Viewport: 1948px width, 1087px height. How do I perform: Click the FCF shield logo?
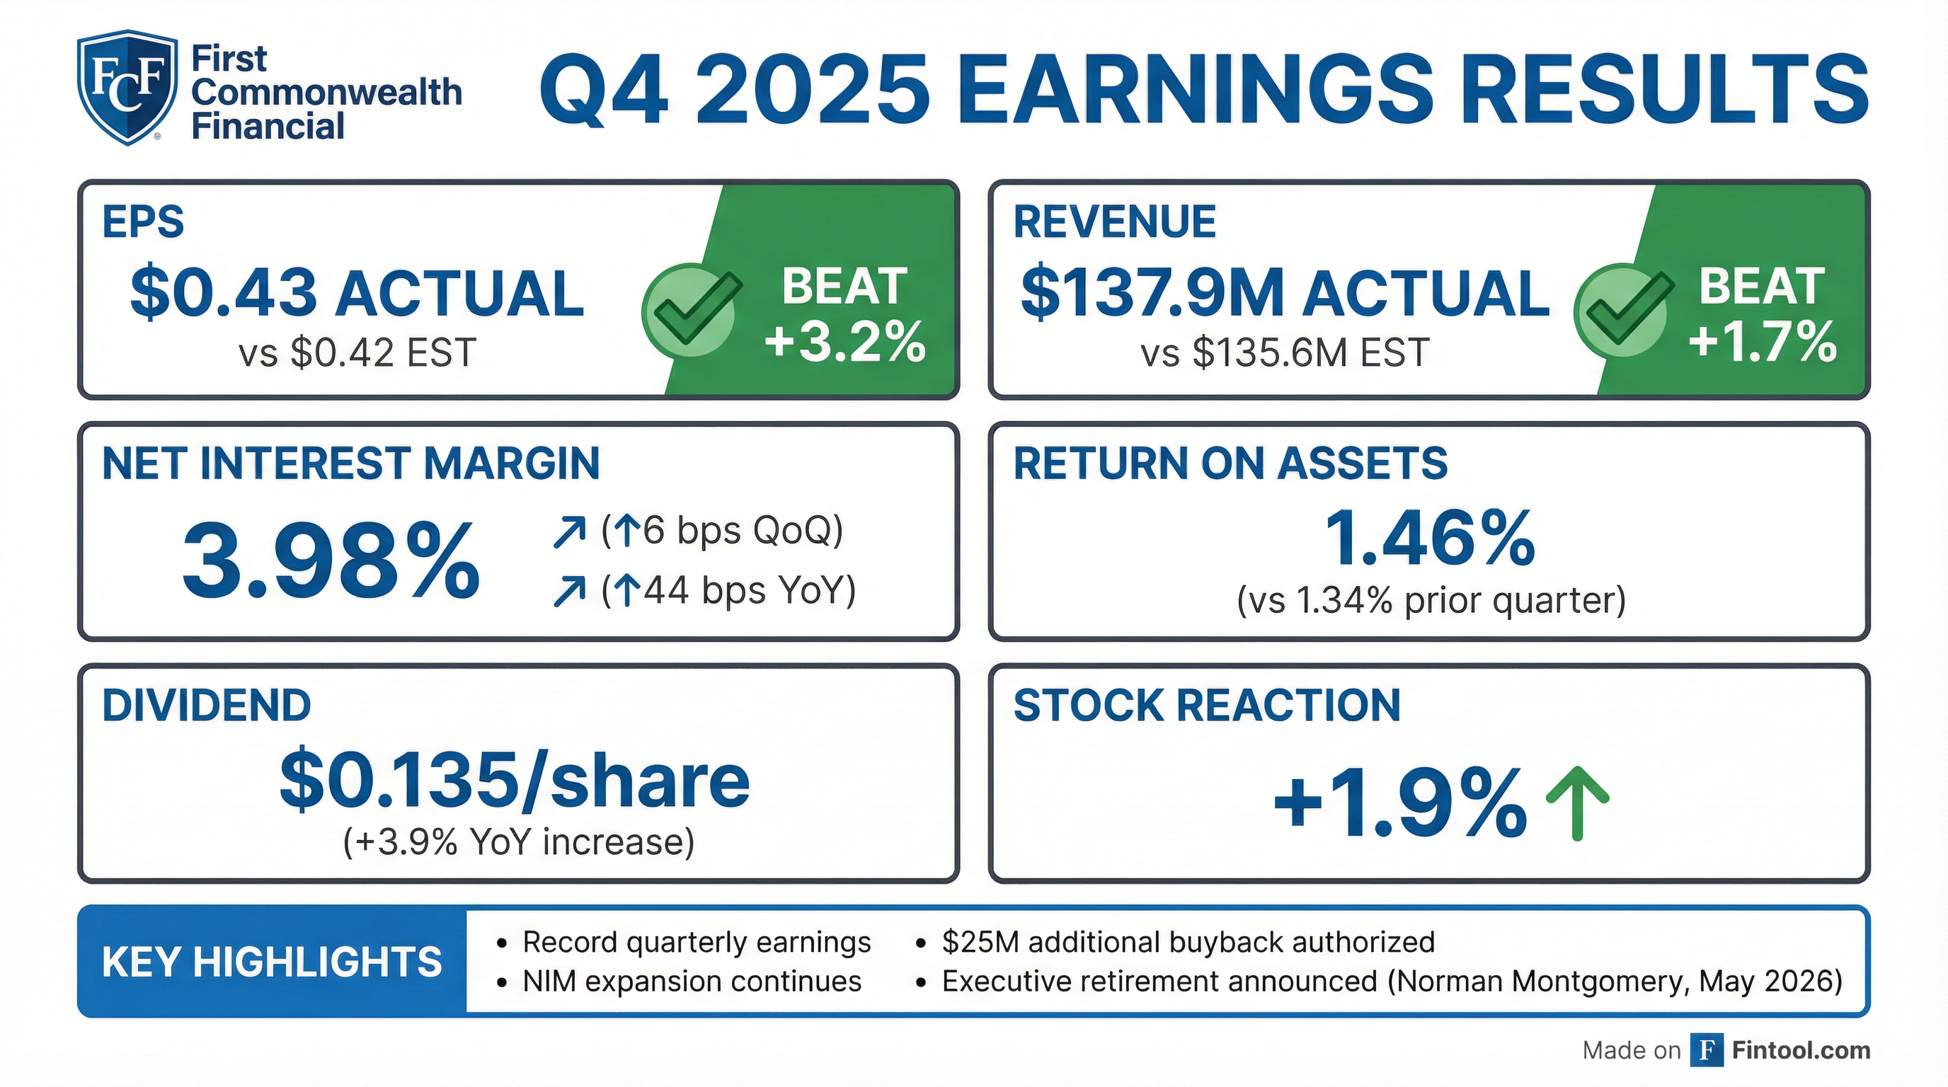pos(127,87)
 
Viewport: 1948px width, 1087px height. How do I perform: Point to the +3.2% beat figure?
pos(844,341)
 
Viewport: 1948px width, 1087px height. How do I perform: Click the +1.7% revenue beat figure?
pos(1763,341)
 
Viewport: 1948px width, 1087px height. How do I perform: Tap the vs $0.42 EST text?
pos(357,352)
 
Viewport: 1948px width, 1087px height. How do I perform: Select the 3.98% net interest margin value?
pos(331,561)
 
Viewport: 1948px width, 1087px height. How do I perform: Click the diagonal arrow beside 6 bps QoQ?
pos(569,531)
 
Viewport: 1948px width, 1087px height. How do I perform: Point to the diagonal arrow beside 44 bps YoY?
pos(569,591)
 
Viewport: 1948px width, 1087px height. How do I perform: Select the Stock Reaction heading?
pos(1207,706)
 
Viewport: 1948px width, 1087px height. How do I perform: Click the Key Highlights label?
pos(272,962)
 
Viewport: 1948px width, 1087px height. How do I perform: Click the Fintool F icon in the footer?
pos(1707,1050)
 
